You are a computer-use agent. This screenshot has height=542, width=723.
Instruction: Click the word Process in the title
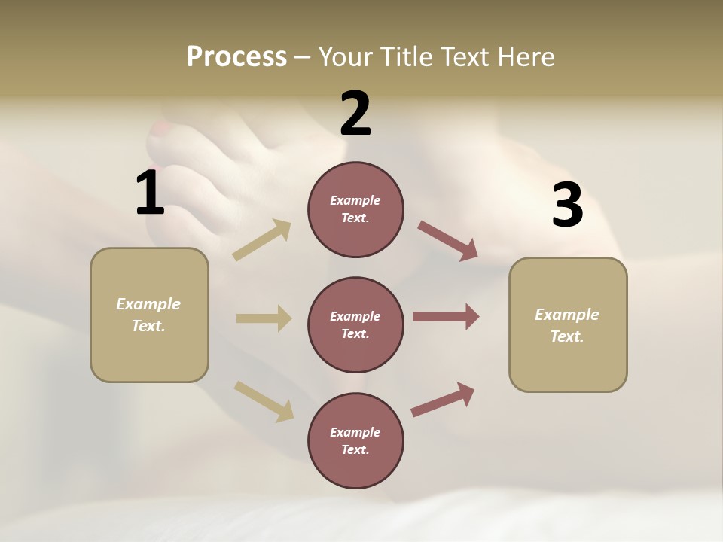pyautogui.click(x=236, y=56)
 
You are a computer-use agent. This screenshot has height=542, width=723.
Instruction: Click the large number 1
pyautogui.click(x=150, y=193)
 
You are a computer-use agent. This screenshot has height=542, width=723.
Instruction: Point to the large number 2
pyautogui.click(x=355, y=114)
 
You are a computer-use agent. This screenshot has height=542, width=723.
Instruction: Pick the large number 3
pyautogui.click(x=567, y=206)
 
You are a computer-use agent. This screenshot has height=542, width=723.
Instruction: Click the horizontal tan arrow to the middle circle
pyautogui.click(x=264, y=318)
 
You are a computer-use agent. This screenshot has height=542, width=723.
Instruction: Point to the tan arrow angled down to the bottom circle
pyautogui.click(x=264, y=400)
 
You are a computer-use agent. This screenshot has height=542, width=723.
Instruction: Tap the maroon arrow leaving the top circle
pyautogui.click(x=447, y=241)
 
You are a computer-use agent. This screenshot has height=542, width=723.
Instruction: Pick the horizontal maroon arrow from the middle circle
pyautogui.click(x=446, y=317)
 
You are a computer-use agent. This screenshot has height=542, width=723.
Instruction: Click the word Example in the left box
pyautogui.click(x=148, y=304)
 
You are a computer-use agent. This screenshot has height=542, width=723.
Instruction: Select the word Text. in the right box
pyautogui.click(x=567, y=336)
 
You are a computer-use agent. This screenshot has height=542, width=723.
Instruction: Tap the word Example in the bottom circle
pyautogui.click(x=355, y=432)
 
